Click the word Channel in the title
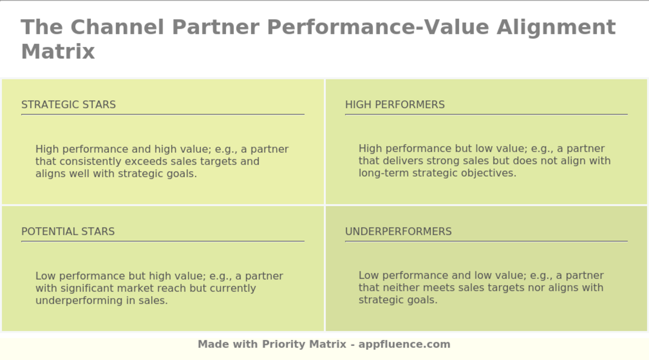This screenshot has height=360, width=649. (117, 27)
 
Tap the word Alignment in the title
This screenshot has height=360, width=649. (556, 27)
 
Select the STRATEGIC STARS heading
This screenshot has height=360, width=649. (69, 104)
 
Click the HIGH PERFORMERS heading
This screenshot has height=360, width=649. (394, 104)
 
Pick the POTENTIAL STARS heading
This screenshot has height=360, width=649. (68, 231)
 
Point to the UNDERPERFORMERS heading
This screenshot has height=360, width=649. (398, 231)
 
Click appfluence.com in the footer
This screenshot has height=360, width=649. (404, 344)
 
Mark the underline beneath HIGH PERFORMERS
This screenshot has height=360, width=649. (486, 114)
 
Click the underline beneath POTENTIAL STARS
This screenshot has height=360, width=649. (163, 241)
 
